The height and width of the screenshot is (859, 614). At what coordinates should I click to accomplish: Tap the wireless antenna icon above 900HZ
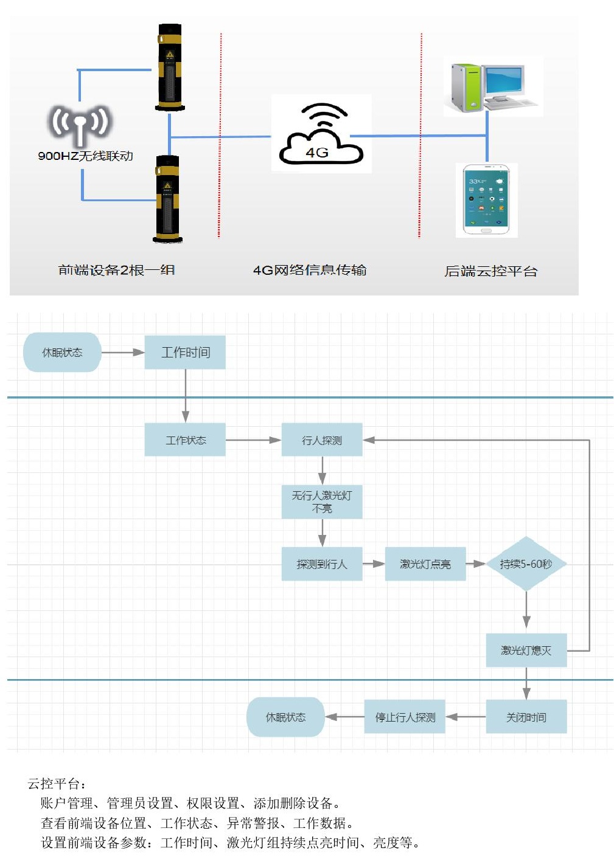tap(80, 125)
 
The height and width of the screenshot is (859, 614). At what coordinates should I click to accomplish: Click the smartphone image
tap(486, 199)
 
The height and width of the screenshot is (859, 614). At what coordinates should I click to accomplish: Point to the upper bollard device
tap(169, 67)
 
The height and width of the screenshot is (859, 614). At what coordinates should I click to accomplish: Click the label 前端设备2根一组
tap(116, 270)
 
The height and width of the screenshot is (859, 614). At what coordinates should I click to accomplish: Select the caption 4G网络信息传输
tap(310, 270)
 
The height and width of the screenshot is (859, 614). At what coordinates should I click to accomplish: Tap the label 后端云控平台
tap(490, 271)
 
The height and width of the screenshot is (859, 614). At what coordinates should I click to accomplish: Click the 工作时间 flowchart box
tap(185, 352)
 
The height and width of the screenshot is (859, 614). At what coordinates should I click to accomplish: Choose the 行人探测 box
tap(321, 440)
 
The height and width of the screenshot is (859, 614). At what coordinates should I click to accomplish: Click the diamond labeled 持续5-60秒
tap(526, 564)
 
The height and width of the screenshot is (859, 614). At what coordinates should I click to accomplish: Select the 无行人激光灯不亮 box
tap(321, 502)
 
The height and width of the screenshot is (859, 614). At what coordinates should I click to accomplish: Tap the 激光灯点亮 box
tap(425, 564)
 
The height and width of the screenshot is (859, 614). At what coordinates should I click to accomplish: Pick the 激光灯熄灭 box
tap(526, 650)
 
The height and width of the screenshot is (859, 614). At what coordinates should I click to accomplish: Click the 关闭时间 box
tap(526, 717)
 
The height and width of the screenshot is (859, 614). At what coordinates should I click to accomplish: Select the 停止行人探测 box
tap(405, 717)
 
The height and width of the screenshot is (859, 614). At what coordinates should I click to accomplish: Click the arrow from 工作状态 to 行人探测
tap(253, 440)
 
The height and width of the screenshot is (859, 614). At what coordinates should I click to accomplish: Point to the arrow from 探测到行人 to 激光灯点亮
tap(374, 564)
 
